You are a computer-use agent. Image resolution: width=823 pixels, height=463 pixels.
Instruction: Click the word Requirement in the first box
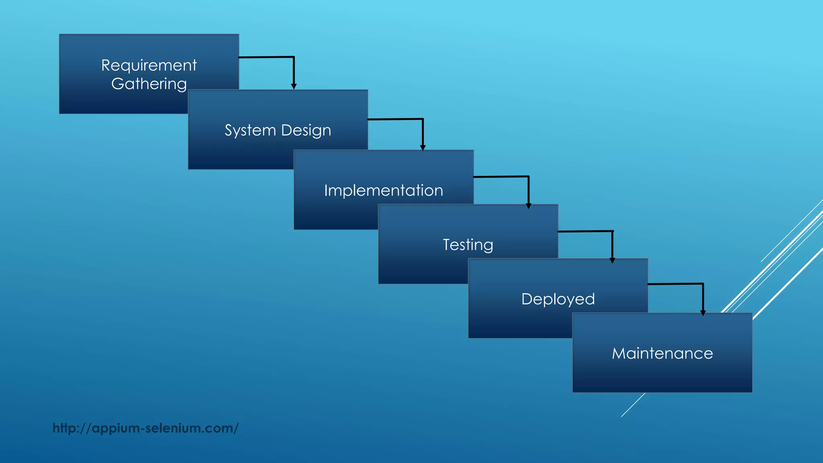point(149,66)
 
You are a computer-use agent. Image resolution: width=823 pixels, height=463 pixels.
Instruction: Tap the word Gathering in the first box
point(149,84)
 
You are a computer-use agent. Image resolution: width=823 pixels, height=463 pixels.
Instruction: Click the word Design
point(306,130)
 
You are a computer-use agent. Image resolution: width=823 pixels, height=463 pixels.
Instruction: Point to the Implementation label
point(383,191)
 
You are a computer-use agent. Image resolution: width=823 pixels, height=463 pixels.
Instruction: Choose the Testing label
point(468,245)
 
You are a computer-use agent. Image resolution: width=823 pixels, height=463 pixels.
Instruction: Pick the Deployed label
point(558,299)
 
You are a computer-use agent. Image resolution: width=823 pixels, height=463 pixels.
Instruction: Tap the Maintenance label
point(662,353)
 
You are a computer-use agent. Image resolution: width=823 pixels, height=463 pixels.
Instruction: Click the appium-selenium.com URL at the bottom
point(145,428)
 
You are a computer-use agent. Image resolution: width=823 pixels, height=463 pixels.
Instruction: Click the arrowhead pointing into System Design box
point(294,86)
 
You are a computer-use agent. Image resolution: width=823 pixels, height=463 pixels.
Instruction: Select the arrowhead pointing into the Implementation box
point(423,148)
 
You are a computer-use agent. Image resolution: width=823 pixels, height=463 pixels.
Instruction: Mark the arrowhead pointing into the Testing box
point(528,206)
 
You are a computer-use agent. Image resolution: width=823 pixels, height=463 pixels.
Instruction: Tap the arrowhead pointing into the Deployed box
point(612,260)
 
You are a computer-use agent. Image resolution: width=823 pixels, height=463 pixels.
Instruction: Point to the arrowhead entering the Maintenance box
point(703,313)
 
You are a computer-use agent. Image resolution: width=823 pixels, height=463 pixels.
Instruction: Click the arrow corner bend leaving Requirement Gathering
point(294,57)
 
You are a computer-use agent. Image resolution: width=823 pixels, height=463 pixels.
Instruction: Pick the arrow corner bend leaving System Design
point(423,119)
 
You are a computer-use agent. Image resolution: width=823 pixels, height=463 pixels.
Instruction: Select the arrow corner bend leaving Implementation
point(528,176)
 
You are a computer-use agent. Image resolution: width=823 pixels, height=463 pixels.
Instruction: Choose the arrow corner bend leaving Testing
point(612,231)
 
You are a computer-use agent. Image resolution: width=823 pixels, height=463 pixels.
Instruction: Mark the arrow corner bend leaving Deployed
point(703,284)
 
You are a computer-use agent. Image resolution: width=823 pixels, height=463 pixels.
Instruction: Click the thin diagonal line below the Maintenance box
point(633,405)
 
